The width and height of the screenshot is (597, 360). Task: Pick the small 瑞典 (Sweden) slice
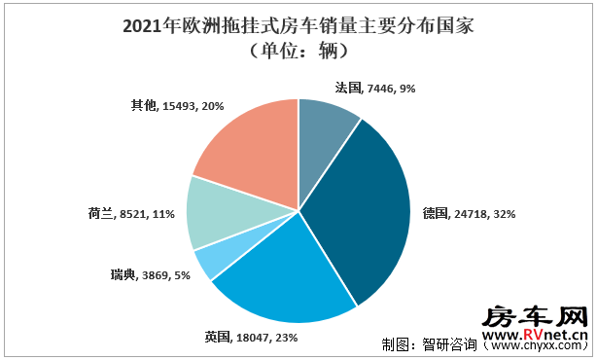pos(213,261)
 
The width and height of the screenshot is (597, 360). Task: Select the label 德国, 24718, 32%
pos(464,211)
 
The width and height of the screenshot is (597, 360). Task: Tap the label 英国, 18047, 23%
pos(251,337)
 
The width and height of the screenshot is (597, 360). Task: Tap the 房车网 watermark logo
pos(536,317)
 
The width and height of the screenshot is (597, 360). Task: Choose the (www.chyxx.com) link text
pos(536,345)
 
